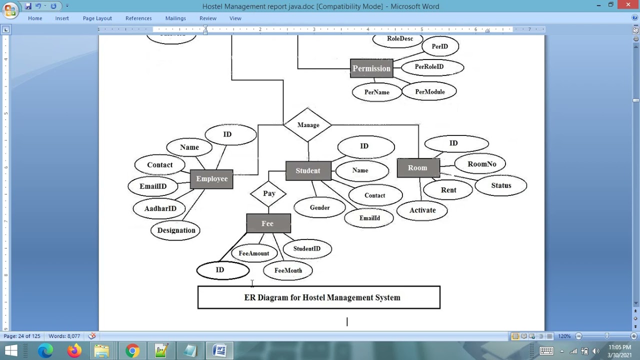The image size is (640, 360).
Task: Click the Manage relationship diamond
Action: (308, 125)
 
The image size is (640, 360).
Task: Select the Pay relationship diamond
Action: (268, 193)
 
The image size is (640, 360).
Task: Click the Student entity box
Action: (308, 171)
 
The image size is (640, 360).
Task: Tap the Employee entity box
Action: (211, 179)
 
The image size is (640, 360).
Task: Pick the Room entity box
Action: (418, 168)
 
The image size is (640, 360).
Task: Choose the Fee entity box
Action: (268, 223)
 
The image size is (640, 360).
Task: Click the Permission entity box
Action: (371, 68)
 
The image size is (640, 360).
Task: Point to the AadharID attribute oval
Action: (160, 208)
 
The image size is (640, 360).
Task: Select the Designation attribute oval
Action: (176, 230)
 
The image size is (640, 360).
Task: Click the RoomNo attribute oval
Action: (481, 164)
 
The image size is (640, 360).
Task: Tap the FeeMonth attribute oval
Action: (288, 270)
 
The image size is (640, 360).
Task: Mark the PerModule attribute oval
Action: (429, 92)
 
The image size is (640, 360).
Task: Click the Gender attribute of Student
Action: (319, 207)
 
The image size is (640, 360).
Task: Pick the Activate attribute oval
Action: (422, 210)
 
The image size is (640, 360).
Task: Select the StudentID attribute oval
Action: (307, 248)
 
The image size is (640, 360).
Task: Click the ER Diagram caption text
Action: (322, 297)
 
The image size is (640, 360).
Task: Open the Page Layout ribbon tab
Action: (97, 18)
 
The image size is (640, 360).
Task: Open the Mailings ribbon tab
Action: (175, 18)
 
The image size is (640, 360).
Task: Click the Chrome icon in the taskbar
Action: (132, 351)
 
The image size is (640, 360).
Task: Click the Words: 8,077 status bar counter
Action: (64, 336)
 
